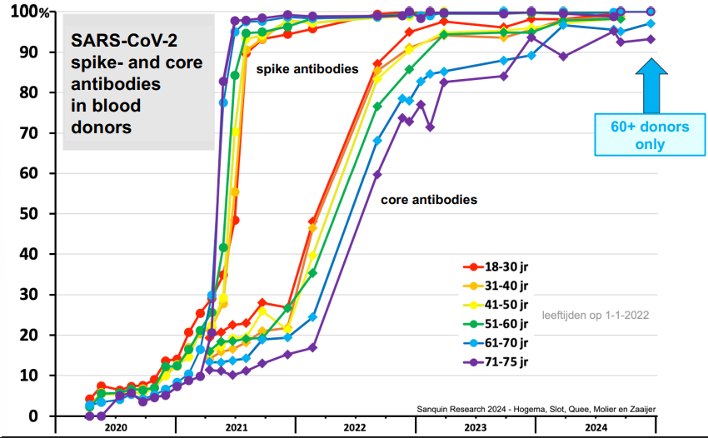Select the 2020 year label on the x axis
pos(116,428)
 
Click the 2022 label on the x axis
pos(355,428)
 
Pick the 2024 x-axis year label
pos(595,428)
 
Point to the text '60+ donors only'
pos(650,136)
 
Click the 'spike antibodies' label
pos(307,69)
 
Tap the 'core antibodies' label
pos(429,200)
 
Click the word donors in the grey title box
pos(100,127)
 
